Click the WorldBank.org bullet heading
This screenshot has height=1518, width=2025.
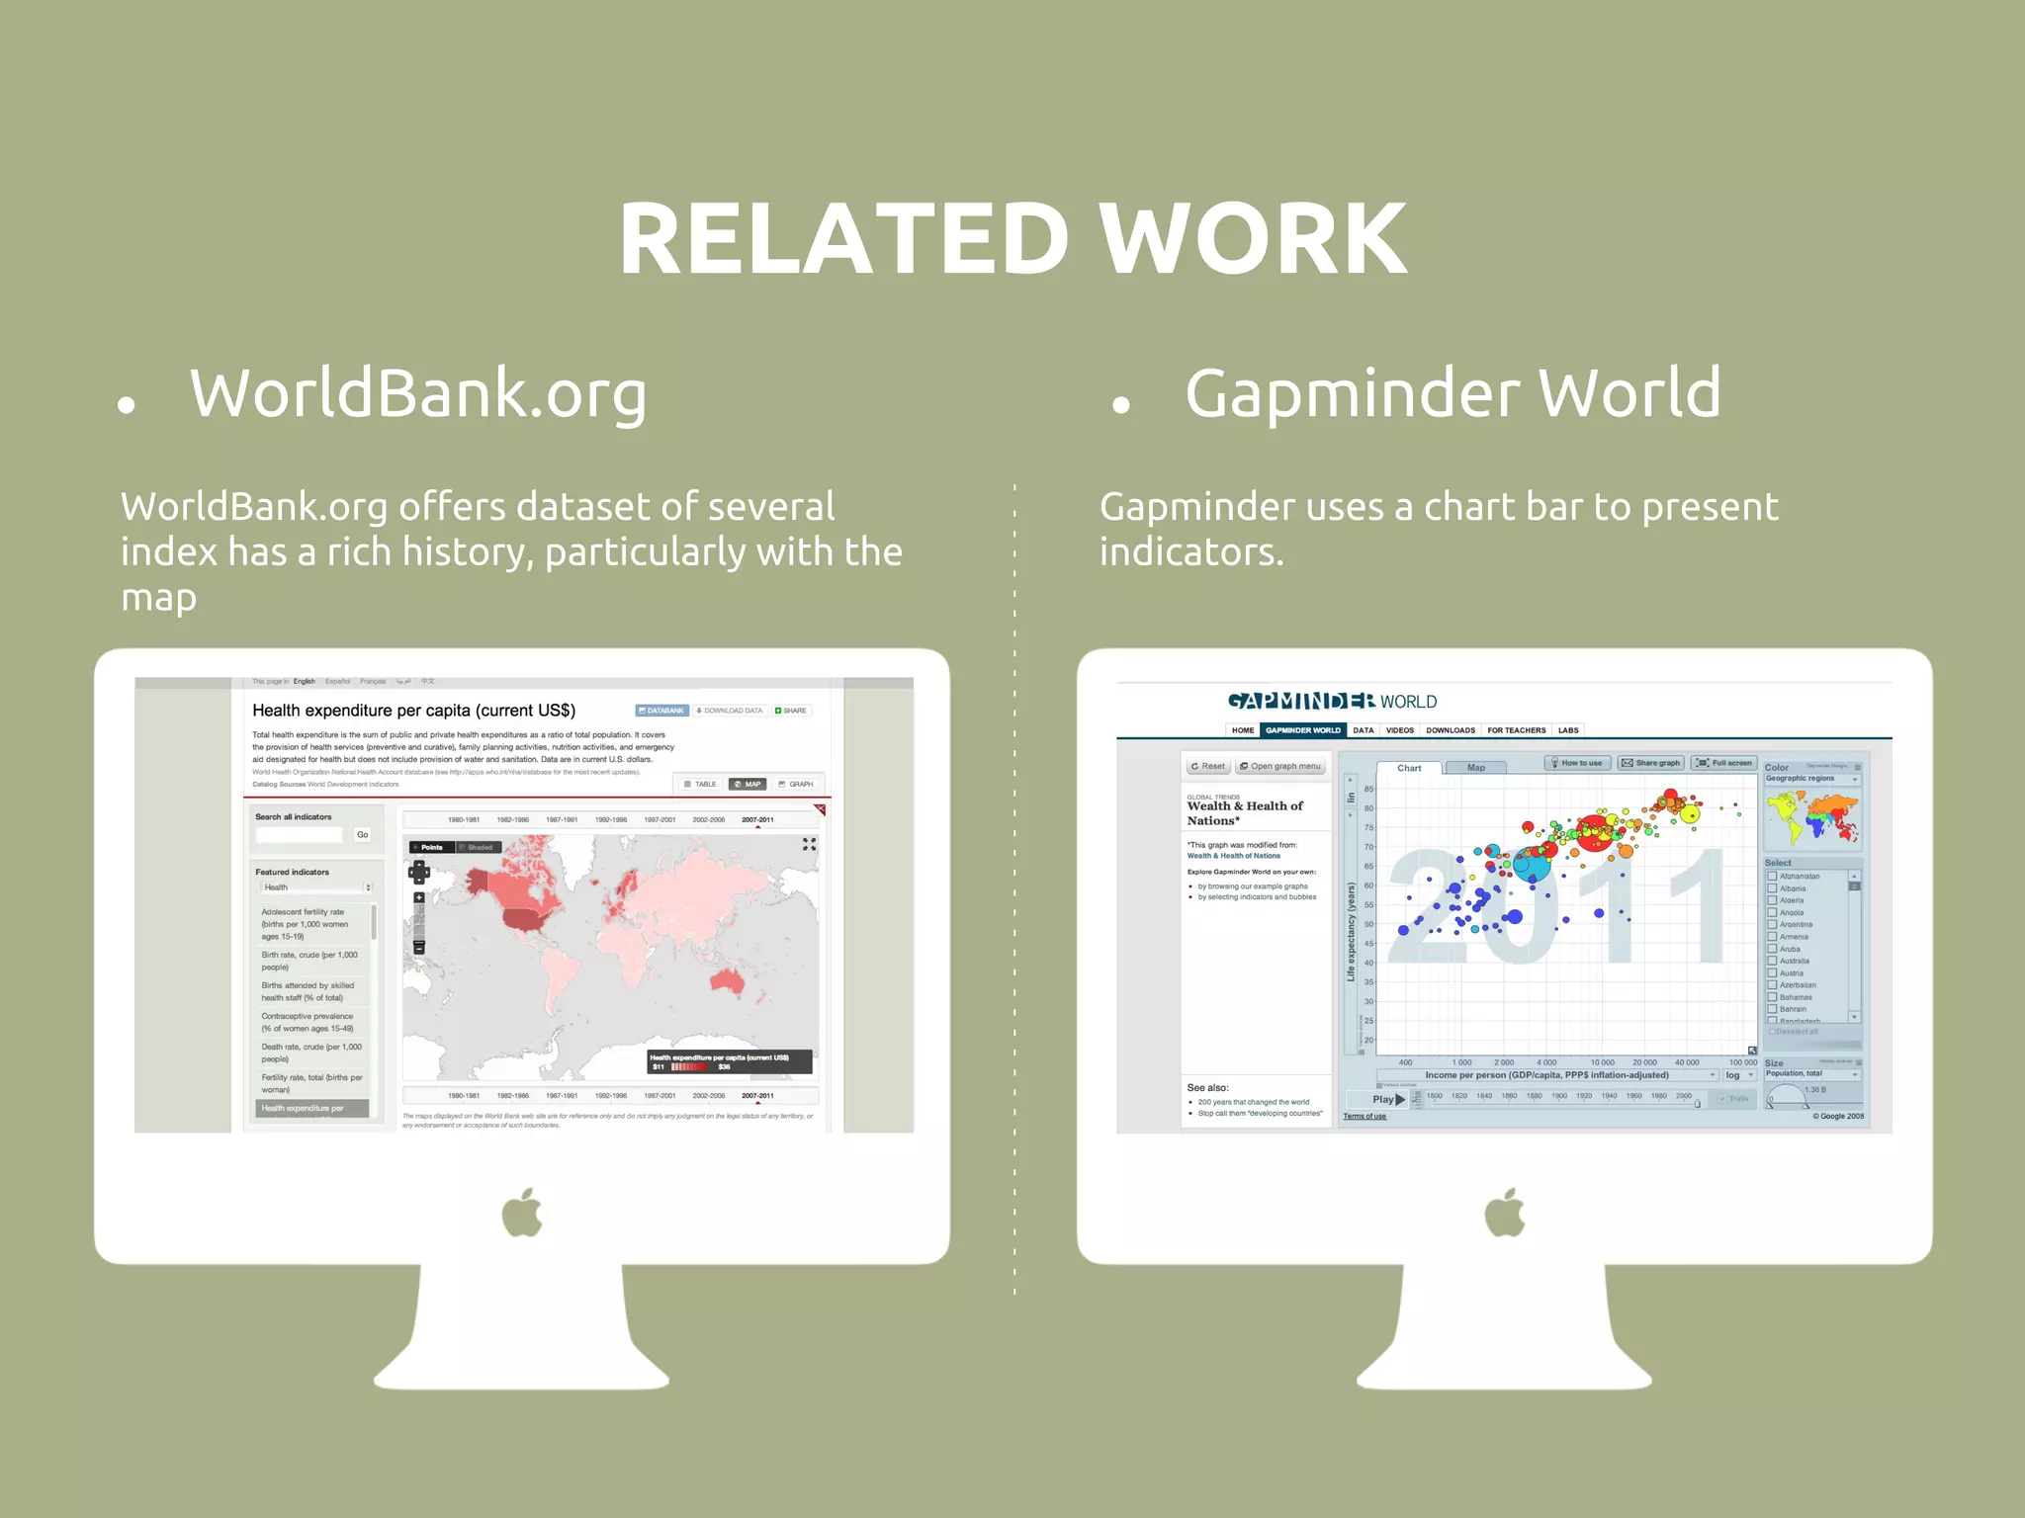(418, 393)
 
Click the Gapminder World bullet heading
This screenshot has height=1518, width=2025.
(1453, 393)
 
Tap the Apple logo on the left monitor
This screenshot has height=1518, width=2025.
(522, 1213)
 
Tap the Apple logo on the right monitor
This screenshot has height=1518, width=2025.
(1505, 1213)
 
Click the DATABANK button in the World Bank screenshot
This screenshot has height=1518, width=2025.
(661, 711)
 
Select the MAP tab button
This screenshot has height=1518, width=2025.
(748, 784)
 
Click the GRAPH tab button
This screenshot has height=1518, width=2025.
(796, 784)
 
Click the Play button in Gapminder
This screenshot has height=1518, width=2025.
(1388, 1099)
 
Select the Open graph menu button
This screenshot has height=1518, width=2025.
(1280, 766)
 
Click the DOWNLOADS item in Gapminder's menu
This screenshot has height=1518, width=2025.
(1450, 730)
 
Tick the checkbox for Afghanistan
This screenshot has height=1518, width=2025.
(1772, 877)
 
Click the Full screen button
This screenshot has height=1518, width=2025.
(1724, 763)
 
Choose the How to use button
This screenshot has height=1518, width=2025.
(1577, 763)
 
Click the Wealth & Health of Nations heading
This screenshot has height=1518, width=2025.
(1245, 812)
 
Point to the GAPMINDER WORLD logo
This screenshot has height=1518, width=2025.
(1331, 702)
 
